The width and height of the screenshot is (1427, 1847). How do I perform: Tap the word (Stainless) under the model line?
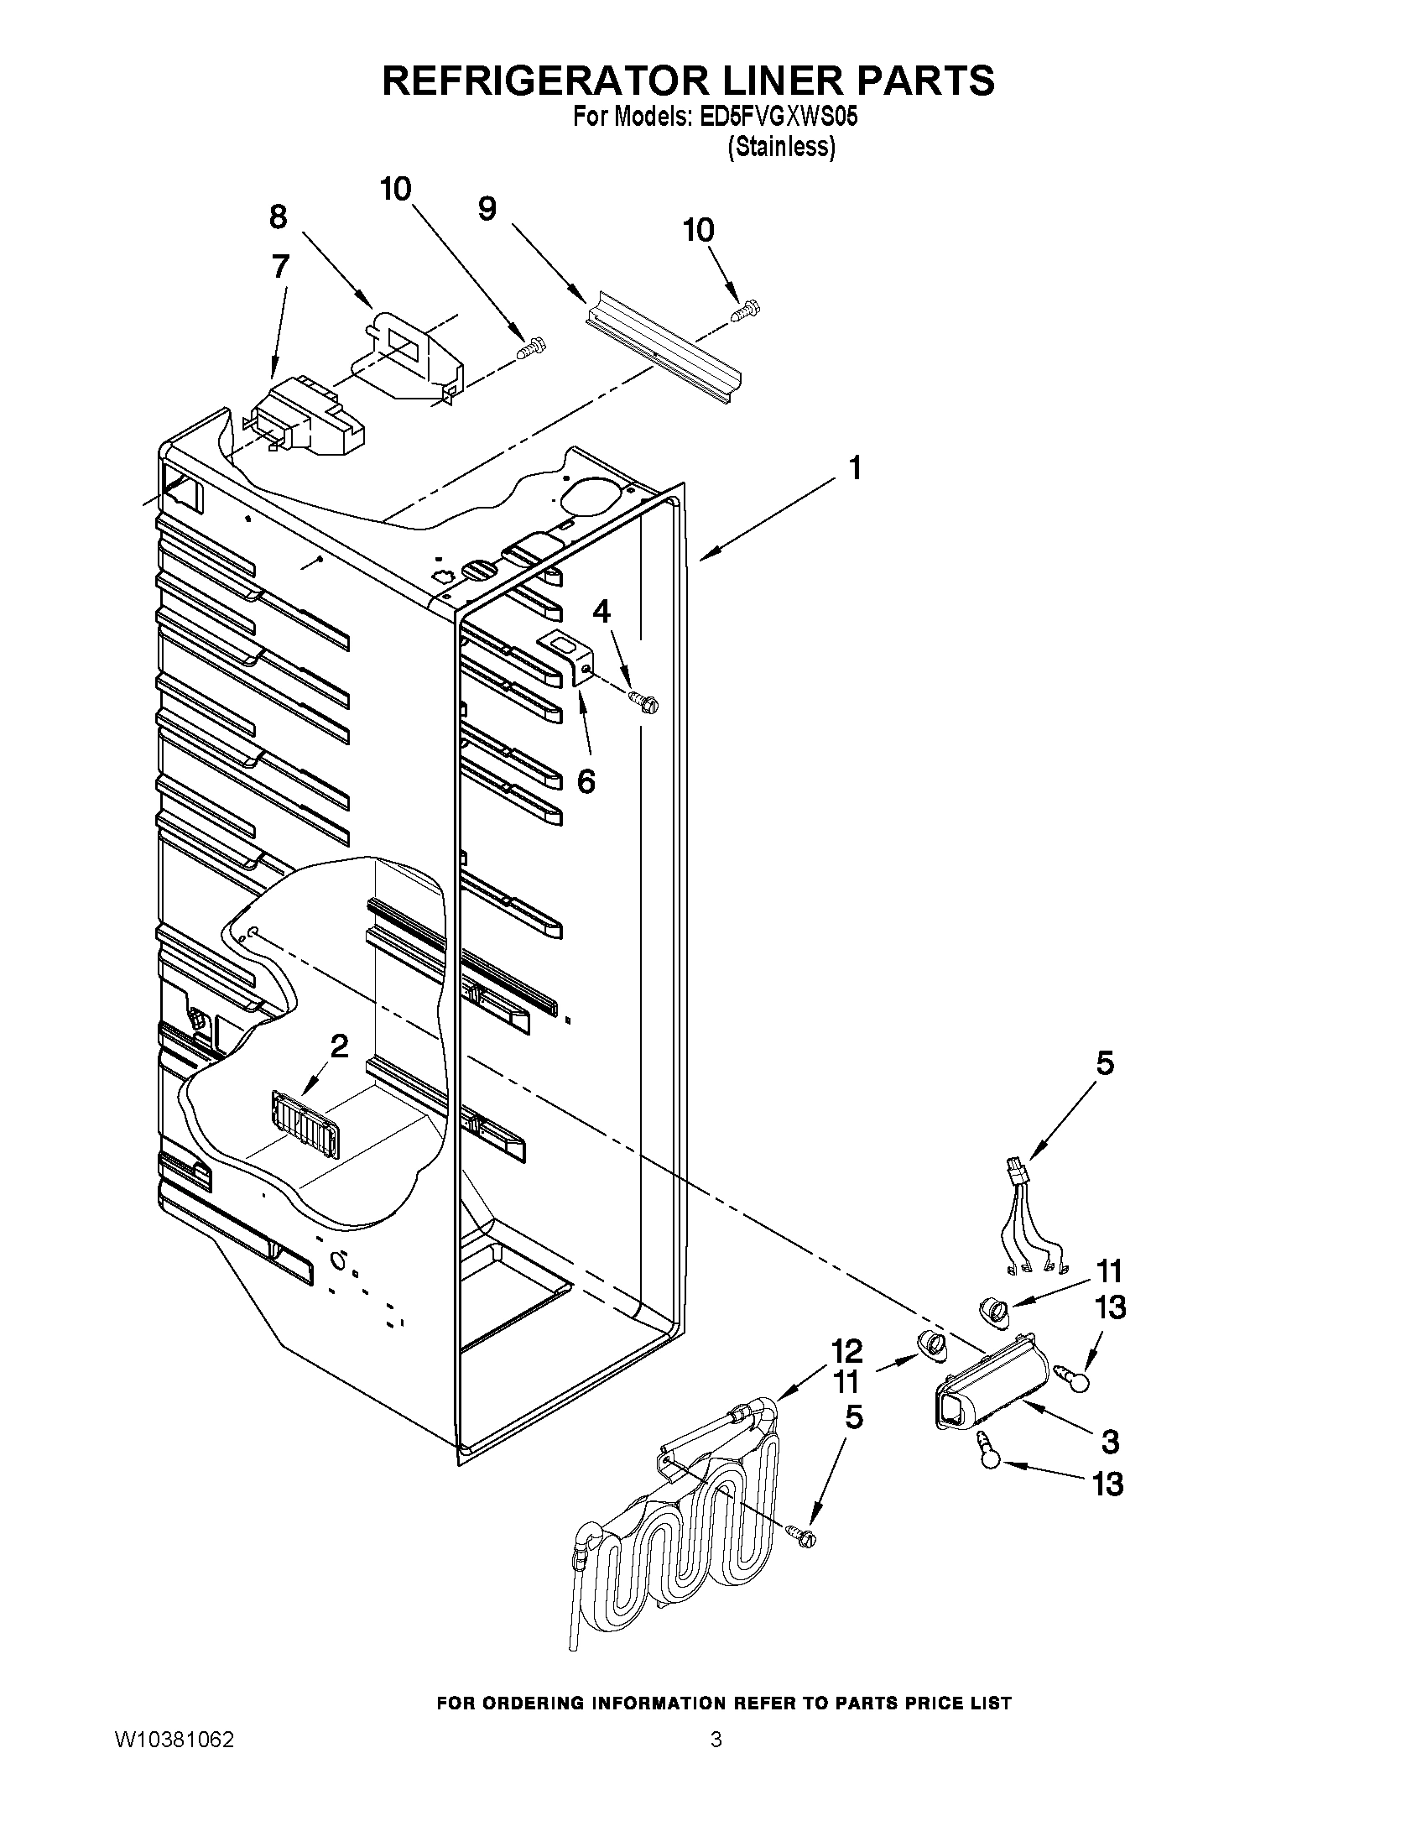781,147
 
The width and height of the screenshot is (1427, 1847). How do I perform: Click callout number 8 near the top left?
279,217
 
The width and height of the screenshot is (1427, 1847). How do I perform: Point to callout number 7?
281,266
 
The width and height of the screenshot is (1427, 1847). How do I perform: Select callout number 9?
487,209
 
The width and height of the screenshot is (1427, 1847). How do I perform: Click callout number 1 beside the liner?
856,467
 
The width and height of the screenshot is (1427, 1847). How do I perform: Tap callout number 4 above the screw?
601,612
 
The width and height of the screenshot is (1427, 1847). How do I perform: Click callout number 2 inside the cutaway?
339,1047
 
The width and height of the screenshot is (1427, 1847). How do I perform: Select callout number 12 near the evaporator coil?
846,1350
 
